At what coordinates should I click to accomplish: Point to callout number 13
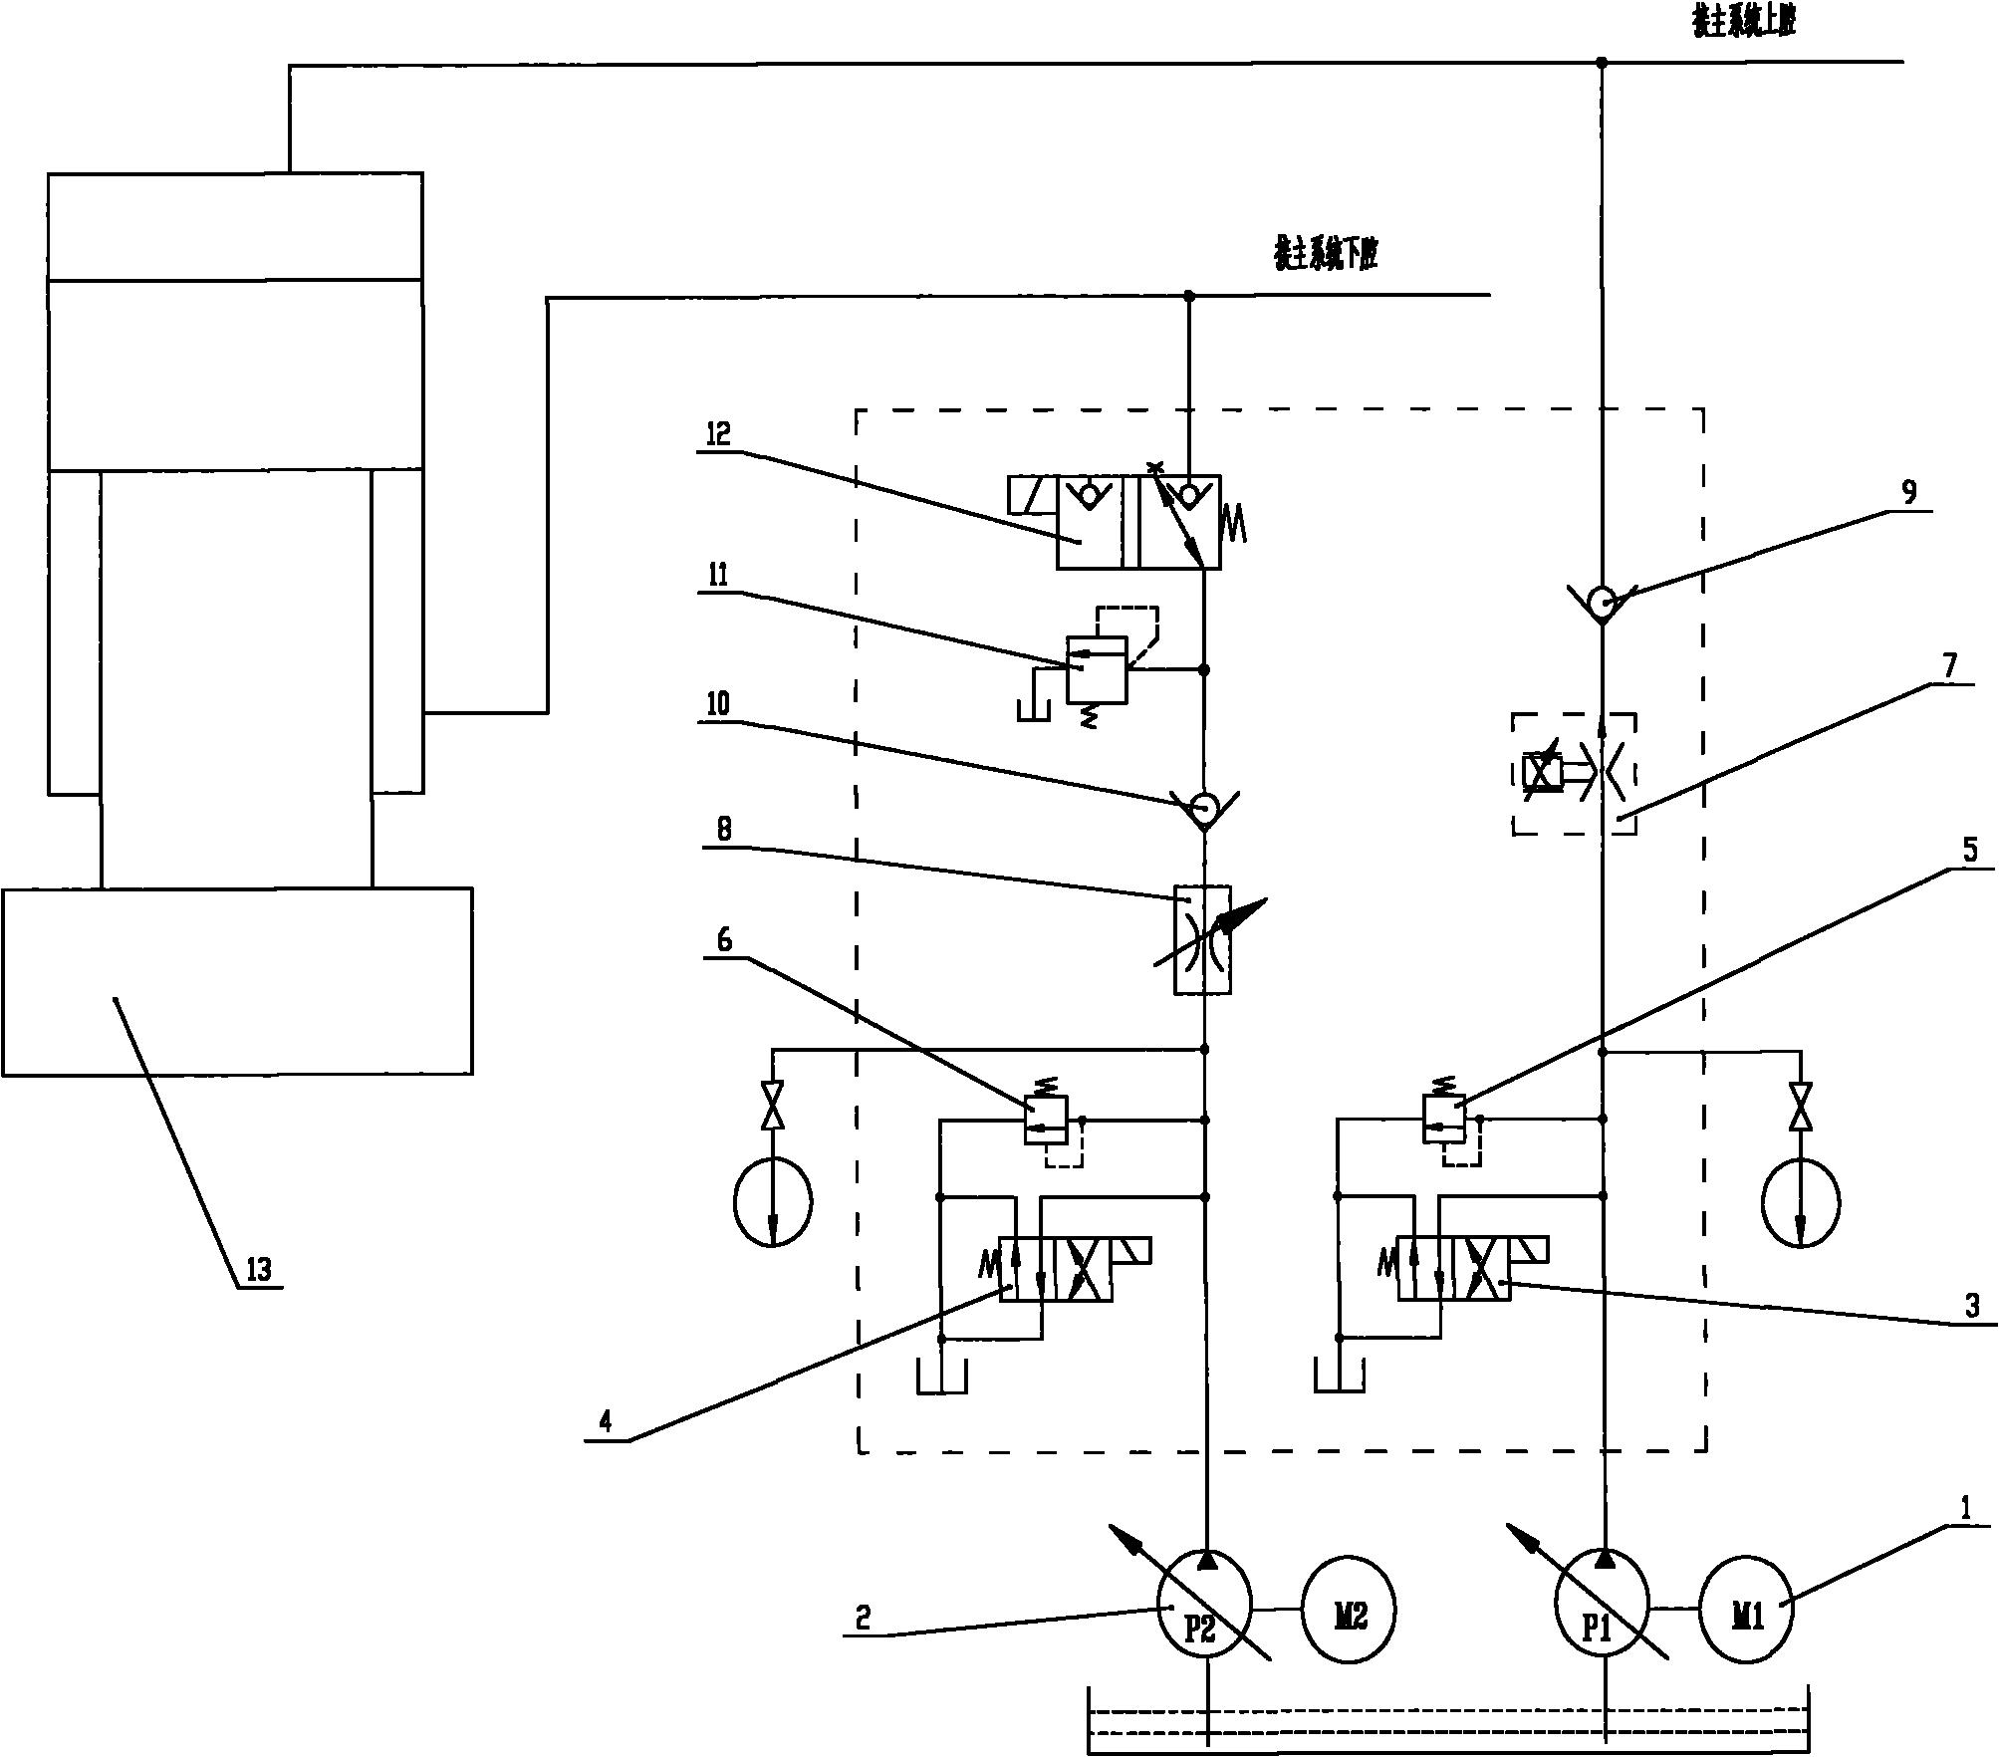(x=258, y=1271)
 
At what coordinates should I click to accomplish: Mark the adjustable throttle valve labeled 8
(x=1203, y=938)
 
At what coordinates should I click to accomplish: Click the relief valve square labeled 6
(x=1046, y=1120)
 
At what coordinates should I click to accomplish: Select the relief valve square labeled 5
(x=1443, y=1120)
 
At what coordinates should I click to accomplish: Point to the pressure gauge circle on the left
(x=773, y=1202)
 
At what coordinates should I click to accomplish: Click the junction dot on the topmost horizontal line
(x=1602, y=63)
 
